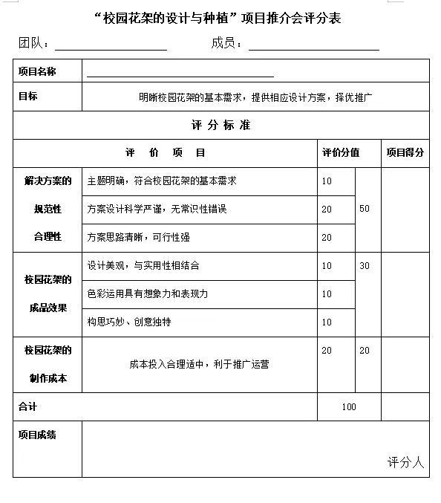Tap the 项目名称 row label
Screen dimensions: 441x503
(x=37, y=71)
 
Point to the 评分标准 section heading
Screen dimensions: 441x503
(x=220, y=125)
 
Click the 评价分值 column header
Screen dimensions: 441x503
(x=341, y=152)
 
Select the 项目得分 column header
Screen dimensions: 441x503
(x=405, y=152)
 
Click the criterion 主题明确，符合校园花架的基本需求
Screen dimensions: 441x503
(x=162, y=181)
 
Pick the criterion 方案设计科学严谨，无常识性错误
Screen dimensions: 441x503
(x=157, y=209)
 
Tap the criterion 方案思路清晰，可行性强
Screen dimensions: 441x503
(x=138, y=237)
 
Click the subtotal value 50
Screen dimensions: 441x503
(x=365, y=209)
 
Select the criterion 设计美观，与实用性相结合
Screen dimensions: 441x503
(x=143, y=265)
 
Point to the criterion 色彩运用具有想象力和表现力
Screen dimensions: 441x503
(x=148, y=293)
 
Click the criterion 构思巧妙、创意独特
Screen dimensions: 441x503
(x=129, y=322)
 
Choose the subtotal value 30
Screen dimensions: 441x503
(x=365, y=265)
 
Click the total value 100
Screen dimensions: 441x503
(x=349, y=406)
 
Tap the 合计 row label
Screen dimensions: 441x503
(x=27, y=406)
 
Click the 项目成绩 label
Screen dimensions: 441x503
(x=37, y=435)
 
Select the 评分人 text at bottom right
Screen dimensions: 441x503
(x=405, y=462)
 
